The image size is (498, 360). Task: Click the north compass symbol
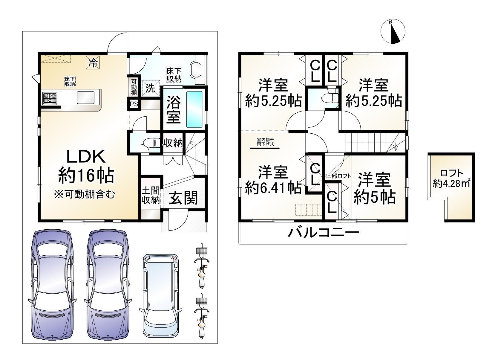[x=393, y=31]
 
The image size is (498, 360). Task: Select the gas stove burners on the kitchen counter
[x=50, y=97]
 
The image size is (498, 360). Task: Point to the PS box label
[x=134, y=104]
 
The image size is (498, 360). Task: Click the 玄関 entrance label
[x=183, y=198]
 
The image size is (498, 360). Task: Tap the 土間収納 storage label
[x=150, y=195]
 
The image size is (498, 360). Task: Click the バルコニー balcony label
[x=323, y=233]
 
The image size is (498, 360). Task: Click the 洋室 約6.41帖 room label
[x=273, y=180]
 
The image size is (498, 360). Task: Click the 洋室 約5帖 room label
[x=374, y=188]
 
